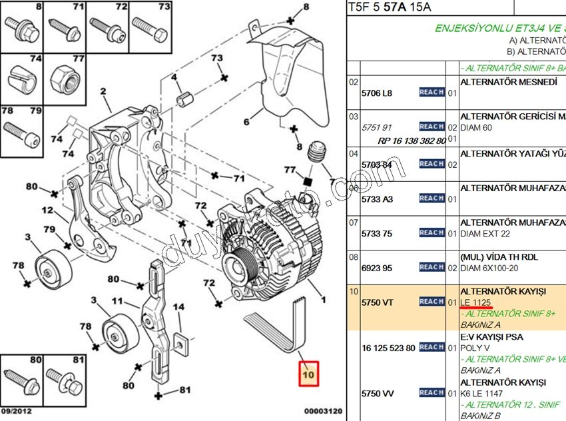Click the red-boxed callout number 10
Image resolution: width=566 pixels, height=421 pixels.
pos(308,375)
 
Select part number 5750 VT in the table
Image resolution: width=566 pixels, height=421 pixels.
pos(377,302)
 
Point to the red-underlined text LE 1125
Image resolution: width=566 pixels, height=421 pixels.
pos(475,302)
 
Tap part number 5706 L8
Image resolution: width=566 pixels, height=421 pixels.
pos(377,93)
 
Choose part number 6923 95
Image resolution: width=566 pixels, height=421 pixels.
pos(377,268)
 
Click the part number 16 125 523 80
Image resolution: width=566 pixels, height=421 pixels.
pos(388,348)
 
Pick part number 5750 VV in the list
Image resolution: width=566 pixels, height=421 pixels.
pos(377,394)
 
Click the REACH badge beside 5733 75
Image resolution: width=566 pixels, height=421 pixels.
pos(431,232)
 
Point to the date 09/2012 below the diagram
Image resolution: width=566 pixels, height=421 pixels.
pos(15,412)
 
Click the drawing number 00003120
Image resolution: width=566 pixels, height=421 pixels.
pos(323,412)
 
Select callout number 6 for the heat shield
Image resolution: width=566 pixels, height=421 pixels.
pos(246,122)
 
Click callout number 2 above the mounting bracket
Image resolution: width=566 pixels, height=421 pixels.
pos(103,91)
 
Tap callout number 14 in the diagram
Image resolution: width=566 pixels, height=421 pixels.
pos(178,308)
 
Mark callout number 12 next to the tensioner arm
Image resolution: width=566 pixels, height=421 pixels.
pos(47,210)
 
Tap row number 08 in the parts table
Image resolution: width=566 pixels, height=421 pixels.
pos(354,256)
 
